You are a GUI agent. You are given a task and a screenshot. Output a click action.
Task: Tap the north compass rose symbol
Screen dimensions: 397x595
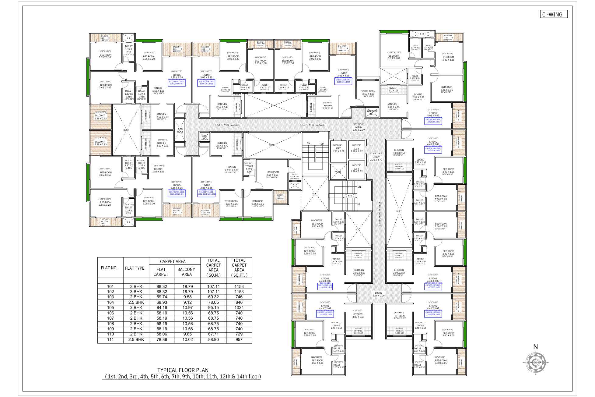tap(535, 362)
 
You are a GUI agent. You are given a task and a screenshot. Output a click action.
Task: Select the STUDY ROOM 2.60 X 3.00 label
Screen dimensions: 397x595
tap(368, 93)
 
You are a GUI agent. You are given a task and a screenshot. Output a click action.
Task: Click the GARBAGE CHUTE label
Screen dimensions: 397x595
tap(372, 112)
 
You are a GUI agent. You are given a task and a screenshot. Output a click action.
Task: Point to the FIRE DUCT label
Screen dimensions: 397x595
tap(180, 130)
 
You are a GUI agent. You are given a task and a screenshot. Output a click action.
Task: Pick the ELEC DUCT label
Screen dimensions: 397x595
tap(204, 137)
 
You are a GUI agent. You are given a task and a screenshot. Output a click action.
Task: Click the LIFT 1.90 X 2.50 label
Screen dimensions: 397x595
tap(338, 150)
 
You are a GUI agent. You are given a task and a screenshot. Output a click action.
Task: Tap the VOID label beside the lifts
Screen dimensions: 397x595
tap(338, 172)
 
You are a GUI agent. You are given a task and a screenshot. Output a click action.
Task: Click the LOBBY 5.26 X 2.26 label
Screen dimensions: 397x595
tap(378, 294)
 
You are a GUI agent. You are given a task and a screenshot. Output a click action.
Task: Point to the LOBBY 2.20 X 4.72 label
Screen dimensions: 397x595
tap(376, 158)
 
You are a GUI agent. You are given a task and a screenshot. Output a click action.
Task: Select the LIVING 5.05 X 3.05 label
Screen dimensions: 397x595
tap(433, 114)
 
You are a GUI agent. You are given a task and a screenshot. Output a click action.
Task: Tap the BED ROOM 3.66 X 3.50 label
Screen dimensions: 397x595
tap(273, 174)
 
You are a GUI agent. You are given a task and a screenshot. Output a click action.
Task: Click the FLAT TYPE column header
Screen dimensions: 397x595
tap(135, 268)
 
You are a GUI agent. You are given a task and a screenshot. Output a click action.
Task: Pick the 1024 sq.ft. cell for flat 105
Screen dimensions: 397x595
tap(239, 307)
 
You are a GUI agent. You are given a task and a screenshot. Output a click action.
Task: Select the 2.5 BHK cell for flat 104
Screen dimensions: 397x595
tap(136, 302)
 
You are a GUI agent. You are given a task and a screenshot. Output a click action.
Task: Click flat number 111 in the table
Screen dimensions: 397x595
tap(110, 339)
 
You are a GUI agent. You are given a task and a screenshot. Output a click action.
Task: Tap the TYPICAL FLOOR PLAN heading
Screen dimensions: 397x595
tap(183, 370)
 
